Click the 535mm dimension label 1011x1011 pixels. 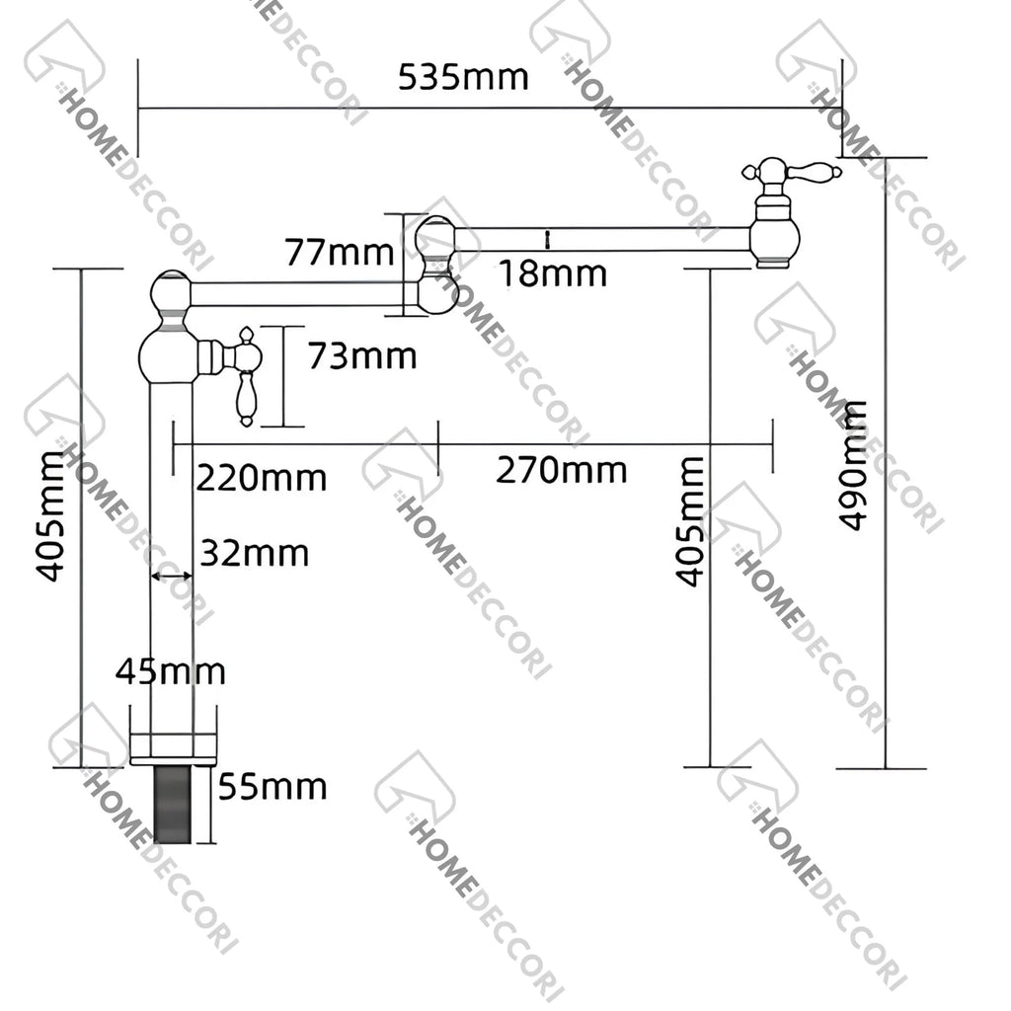[x=463, y=77]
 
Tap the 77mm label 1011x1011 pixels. [x=340, y=252]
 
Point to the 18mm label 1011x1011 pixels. [x=553, y=273]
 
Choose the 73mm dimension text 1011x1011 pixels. [x=361, y=355]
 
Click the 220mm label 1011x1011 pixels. [x=261, y=479]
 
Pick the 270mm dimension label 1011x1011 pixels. [x=561, y=470]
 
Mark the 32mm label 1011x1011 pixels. [x=255, y=554]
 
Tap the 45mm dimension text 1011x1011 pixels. [x=170, y=672]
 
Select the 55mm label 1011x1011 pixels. [x=272, y=787]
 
